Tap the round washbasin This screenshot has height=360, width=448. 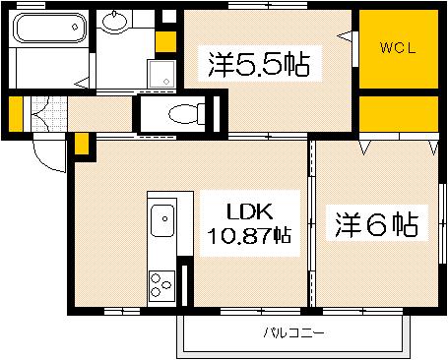click(115, 25)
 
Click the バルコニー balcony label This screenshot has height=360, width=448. click(293, 333)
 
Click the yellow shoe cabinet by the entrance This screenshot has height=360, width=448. click(14, 115)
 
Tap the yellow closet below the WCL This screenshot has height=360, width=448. click(397, 116)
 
